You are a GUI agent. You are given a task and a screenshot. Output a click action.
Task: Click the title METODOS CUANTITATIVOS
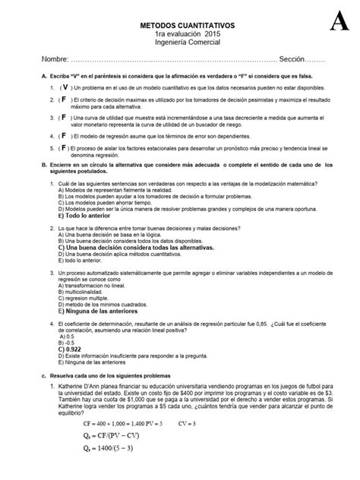[x=179, y=25]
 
